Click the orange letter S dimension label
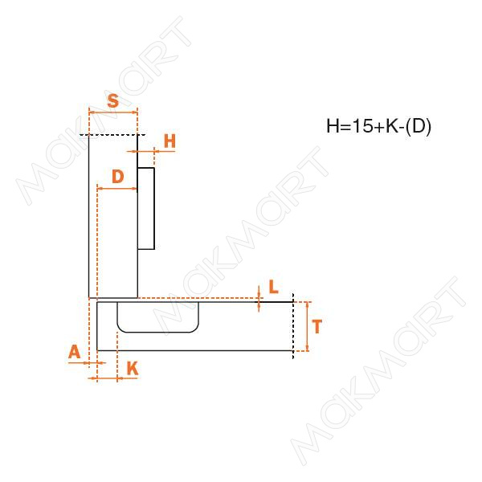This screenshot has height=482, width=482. tap(113, 100)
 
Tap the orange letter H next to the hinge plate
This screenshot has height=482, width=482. tap(170, 141)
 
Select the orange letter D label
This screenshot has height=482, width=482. tap(118, 177)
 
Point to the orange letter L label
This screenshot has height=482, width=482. tap(273, 287)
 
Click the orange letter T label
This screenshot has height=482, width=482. tap(317, 326)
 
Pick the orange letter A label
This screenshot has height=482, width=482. tap(75, 352)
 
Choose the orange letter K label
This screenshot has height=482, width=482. tap(133, 368)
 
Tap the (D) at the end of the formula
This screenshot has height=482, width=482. tap(419, 126)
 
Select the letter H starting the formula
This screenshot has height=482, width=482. tap(333, 126)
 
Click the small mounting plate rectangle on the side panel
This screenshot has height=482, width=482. tap(145, 208)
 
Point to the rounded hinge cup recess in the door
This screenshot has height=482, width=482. tap(157, 317)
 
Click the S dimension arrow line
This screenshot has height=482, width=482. tap(112, 112)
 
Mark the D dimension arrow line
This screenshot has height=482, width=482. tap(116, 189)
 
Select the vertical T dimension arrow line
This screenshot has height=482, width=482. tap(307, 326)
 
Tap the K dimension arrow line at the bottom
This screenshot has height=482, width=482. tap(108, 378)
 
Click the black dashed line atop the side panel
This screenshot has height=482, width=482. tap(112, 135)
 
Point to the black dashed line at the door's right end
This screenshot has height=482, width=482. tap(293, 326)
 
